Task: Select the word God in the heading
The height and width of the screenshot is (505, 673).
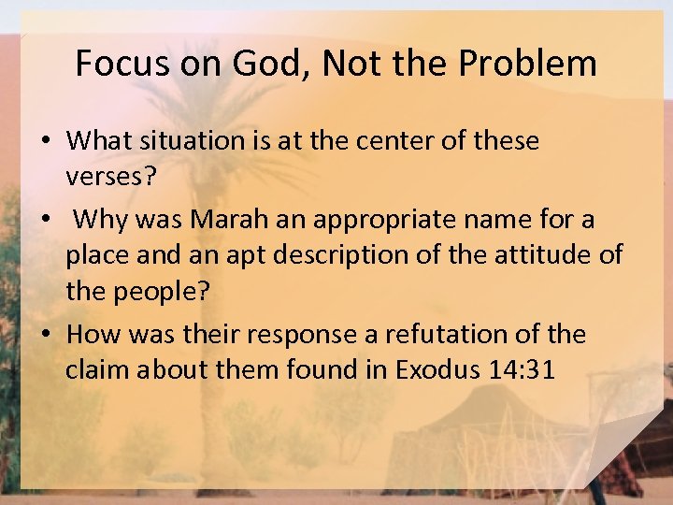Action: point(254,64)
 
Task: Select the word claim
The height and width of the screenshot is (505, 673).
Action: point(98,369)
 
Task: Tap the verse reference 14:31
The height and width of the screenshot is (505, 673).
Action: point(523,369)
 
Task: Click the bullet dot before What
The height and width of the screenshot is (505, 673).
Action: point(44,142)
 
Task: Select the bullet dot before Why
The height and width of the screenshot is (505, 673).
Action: point(44,221)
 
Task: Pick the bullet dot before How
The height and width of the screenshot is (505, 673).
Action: point(44,335)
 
